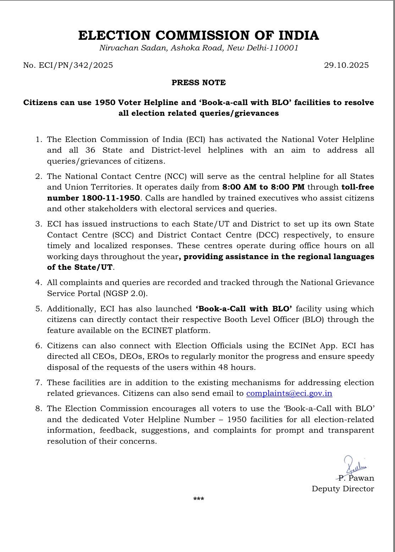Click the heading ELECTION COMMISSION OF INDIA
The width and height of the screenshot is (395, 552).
(198, 35)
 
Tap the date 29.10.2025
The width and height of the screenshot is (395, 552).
(346, 65)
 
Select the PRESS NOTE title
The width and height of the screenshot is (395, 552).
(198, 83)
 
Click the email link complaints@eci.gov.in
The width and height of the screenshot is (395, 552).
(289, 393)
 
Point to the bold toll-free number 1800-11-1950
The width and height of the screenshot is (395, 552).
(94, 198)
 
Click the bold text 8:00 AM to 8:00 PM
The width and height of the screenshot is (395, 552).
(263, 187)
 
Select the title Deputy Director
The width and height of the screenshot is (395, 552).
(343, 489)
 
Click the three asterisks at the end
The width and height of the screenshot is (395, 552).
(198, 499)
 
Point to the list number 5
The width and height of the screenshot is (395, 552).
(38, 309)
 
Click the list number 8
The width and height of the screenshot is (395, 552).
(38, 409)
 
